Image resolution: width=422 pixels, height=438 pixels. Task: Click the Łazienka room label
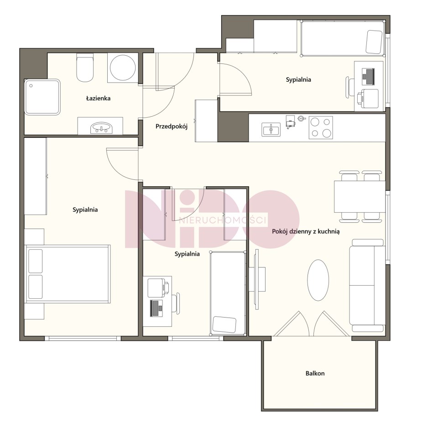pyautogui.click(x=98, y=98)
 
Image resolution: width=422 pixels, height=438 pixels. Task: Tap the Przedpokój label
pyautogui.click(x=172, y=126)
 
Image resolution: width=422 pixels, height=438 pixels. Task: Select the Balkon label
pyautogui.click(x=315, y=373)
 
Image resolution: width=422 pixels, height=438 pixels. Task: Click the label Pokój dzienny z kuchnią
pyautogui.click(x=306, y=231)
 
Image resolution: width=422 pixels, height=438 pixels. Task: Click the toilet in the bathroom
pyautogui.click(x=84, y=68)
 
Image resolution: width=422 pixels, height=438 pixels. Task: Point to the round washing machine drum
pyautogui.click(x=123, y=68)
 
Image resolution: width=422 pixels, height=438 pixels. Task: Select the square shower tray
pyautogui.click(x=42, y=97)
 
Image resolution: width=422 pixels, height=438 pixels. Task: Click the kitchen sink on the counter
pyautogui.click(x=271, y=130)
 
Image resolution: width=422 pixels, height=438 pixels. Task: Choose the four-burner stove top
pyautogui.click(x=321, y=128)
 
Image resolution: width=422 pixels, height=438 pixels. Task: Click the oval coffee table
pyautogui.click(x=318, y=280)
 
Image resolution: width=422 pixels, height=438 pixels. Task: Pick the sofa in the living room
pyautogui.click(x=367, y=285)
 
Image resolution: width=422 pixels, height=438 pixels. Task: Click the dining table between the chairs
pyautogui.click(x=359, y=197)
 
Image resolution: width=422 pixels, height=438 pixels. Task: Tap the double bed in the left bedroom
pyautogui.click(x=68, y=274)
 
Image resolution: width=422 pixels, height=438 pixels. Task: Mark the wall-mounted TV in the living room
pyautogui.click(x=257, y=279)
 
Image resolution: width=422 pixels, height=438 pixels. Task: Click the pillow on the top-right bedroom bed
pyautogui.click(x=374, y=42)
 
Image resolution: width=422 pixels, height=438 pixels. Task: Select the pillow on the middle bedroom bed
pyautogui.click(x=225, y=324)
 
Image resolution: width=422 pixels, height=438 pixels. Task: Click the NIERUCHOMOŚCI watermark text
pyautogui.click(x=223, y=220)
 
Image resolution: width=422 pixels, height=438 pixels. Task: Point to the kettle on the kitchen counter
pyautogui.click(x=302, y=118)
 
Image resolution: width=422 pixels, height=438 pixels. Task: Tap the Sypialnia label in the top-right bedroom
pyautogui.click(x=298, y=79)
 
